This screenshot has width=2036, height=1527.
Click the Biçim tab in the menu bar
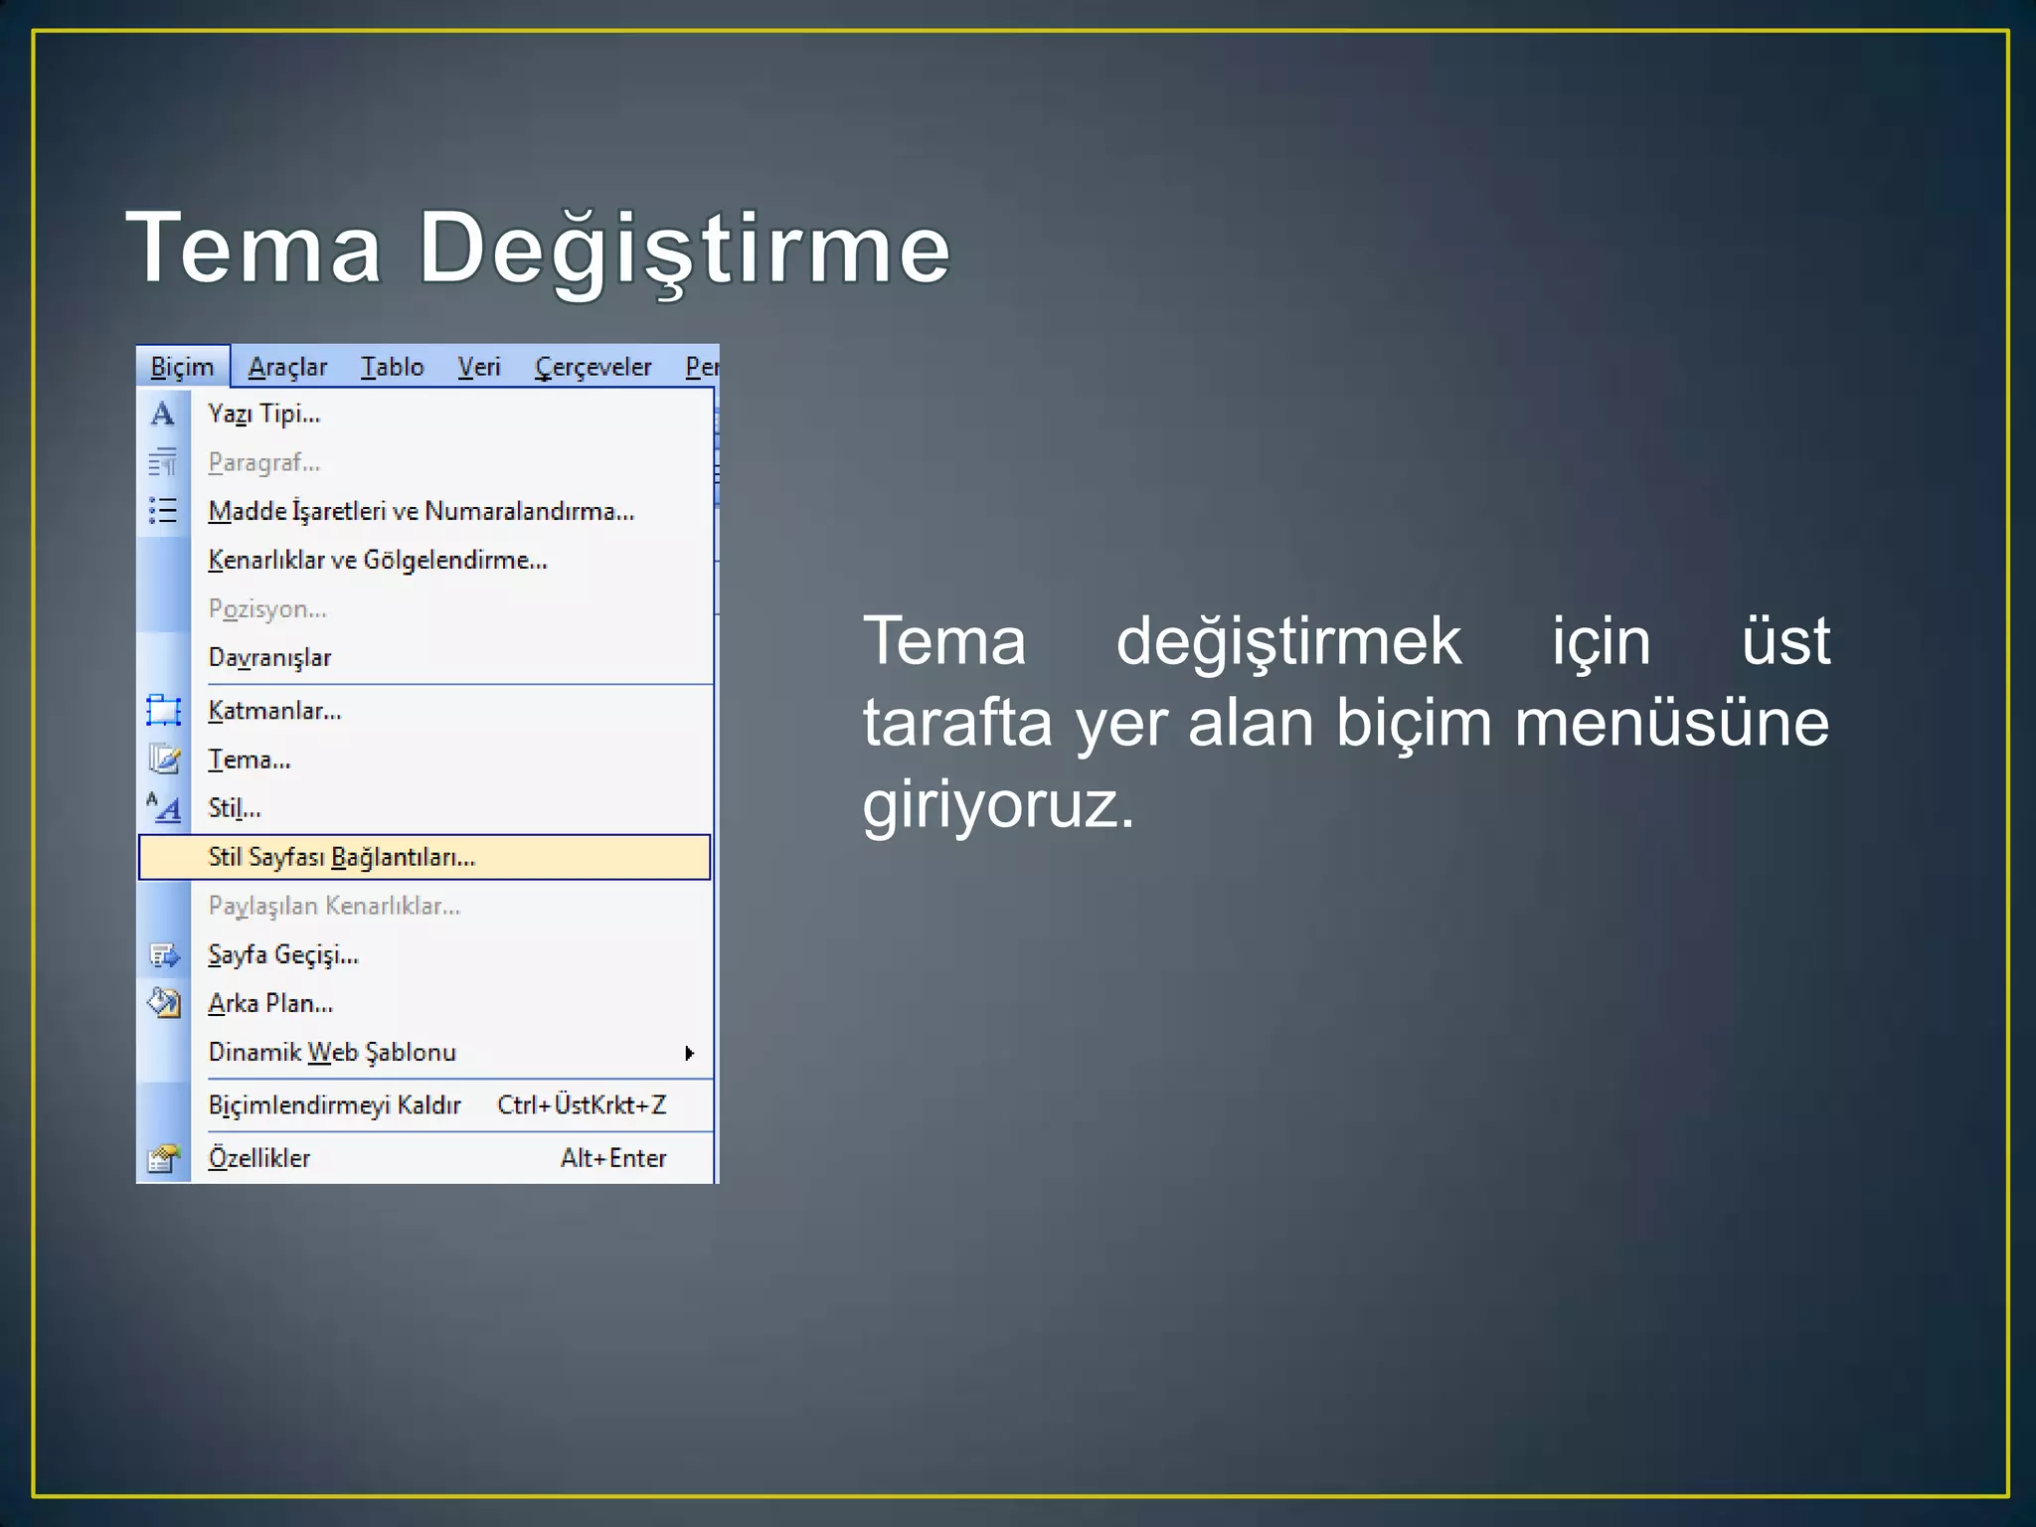(x=182, y=367)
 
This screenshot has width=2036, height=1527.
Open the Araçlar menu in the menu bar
(x=287, y=367)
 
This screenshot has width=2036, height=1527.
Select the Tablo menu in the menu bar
(x=392, y=367)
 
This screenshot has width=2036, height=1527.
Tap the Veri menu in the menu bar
(x=478, y=367)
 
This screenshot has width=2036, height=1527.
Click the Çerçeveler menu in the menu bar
(x=593, y=367)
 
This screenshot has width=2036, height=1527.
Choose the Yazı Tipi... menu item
(x=264, y=414)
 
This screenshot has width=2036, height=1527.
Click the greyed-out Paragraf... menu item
(x=264, y=462)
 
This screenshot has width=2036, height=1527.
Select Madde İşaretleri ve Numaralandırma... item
(x=421, y=511)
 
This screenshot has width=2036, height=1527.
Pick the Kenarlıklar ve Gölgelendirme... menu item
(x=378, y=560)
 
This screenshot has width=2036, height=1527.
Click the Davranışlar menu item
(x=269, y=657)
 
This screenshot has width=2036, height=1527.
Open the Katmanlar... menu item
(x=274, y=711)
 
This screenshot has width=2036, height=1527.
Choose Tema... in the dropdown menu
(x=250, y=760)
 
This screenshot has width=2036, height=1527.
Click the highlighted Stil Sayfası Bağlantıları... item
(x=342, y=857)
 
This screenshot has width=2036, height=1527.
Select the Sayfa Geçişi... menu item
(x=283, y=954)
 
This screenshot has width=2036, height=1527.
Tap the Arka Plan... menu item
(x=270, y=1003)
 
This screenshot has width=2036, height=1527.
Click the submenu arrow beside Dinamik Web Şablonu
(x=689, y=1053)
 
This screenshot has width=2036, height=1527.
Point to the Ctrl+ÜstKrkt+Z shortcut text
(x=582, y=1104)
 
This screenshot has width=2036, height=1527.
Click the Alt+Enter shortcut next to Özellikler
(x=613, y=1158)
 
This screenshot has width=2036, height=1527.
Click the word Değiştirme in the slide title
(x=684, y=249)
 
